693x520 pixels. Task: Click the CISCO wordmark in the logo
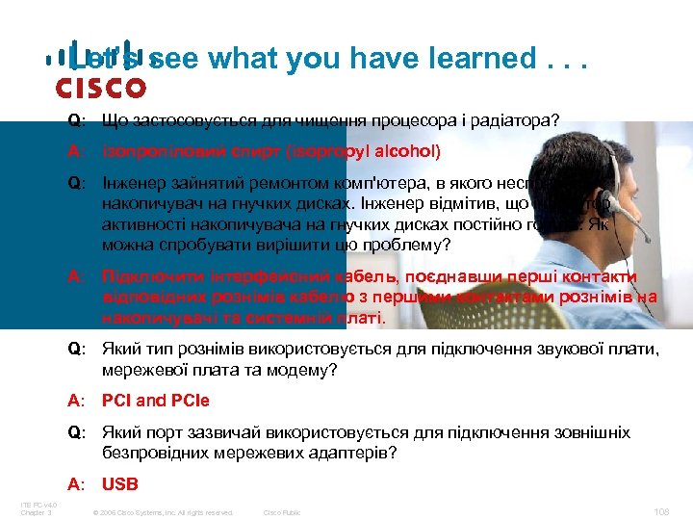click(x=100, y=89)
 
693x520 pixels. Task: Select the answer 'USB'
click(x=120, y=484)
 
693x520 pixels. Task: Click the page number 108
click(x=660, y=511)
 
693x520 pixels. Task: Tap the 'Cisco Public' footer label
click(x=282, y=512)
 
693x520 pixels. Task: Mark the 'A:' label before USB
click(x=76, y=484)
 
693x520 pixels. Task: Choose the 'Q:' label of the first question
click(x=77, y=122)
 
